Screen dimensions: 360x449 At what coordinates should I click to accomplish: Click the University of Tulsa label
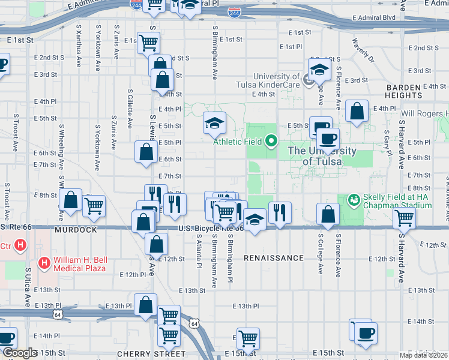pos(322,156)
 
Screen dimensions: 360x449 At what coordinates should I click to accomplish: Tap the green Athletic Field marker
pos(271,142)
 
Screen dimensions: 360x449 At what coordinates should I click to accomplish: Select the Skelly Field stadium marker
pos(354,198)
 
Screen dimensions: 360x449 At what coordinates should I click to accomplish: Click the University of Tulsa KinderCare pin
pos(309,78)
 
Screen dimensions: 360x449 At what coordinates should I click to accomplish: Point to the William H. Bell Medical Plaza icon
pos(44,262)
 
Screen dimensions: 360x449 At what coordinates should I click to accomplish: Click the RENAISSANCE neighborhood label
pos(274,258)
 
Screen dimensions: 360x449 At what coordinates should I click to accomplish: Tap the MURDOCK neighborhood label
pos(76,230)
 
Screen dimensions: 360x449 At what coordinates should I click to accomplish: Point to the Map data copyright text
pos(424,355)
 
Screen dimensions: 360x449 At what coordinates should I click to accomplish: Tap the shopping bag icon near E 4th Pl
pos(357,111)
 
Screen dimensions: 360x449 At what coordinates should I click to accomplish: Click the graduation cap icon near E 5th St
pos(214,122)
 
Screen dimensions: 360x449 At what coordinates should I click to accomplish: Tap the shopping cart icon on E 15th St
pos(248,338)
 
